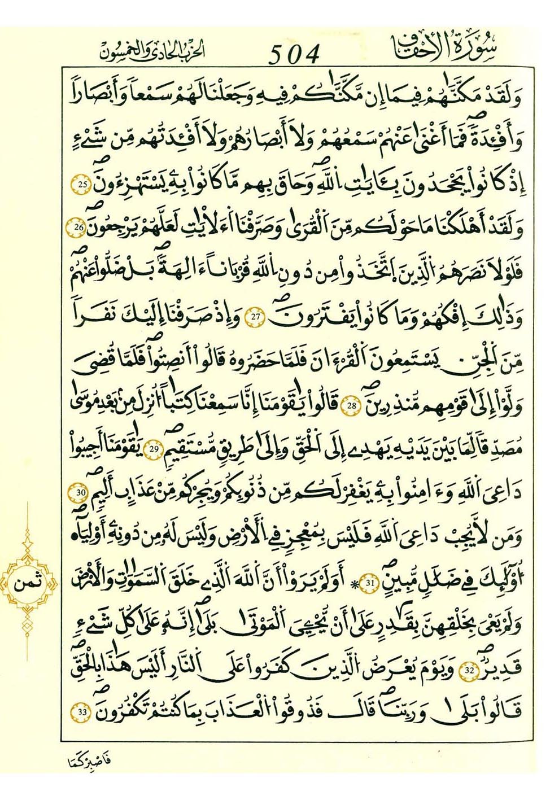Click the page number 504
pos(294,55)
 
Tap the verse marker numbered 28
pos(351,404)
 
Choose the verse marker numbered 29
pos(155,449)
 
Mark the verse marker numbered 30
pos(80,493)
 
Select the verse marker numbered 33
pos(82,711)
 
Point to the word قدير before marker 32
pos(504,669)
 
